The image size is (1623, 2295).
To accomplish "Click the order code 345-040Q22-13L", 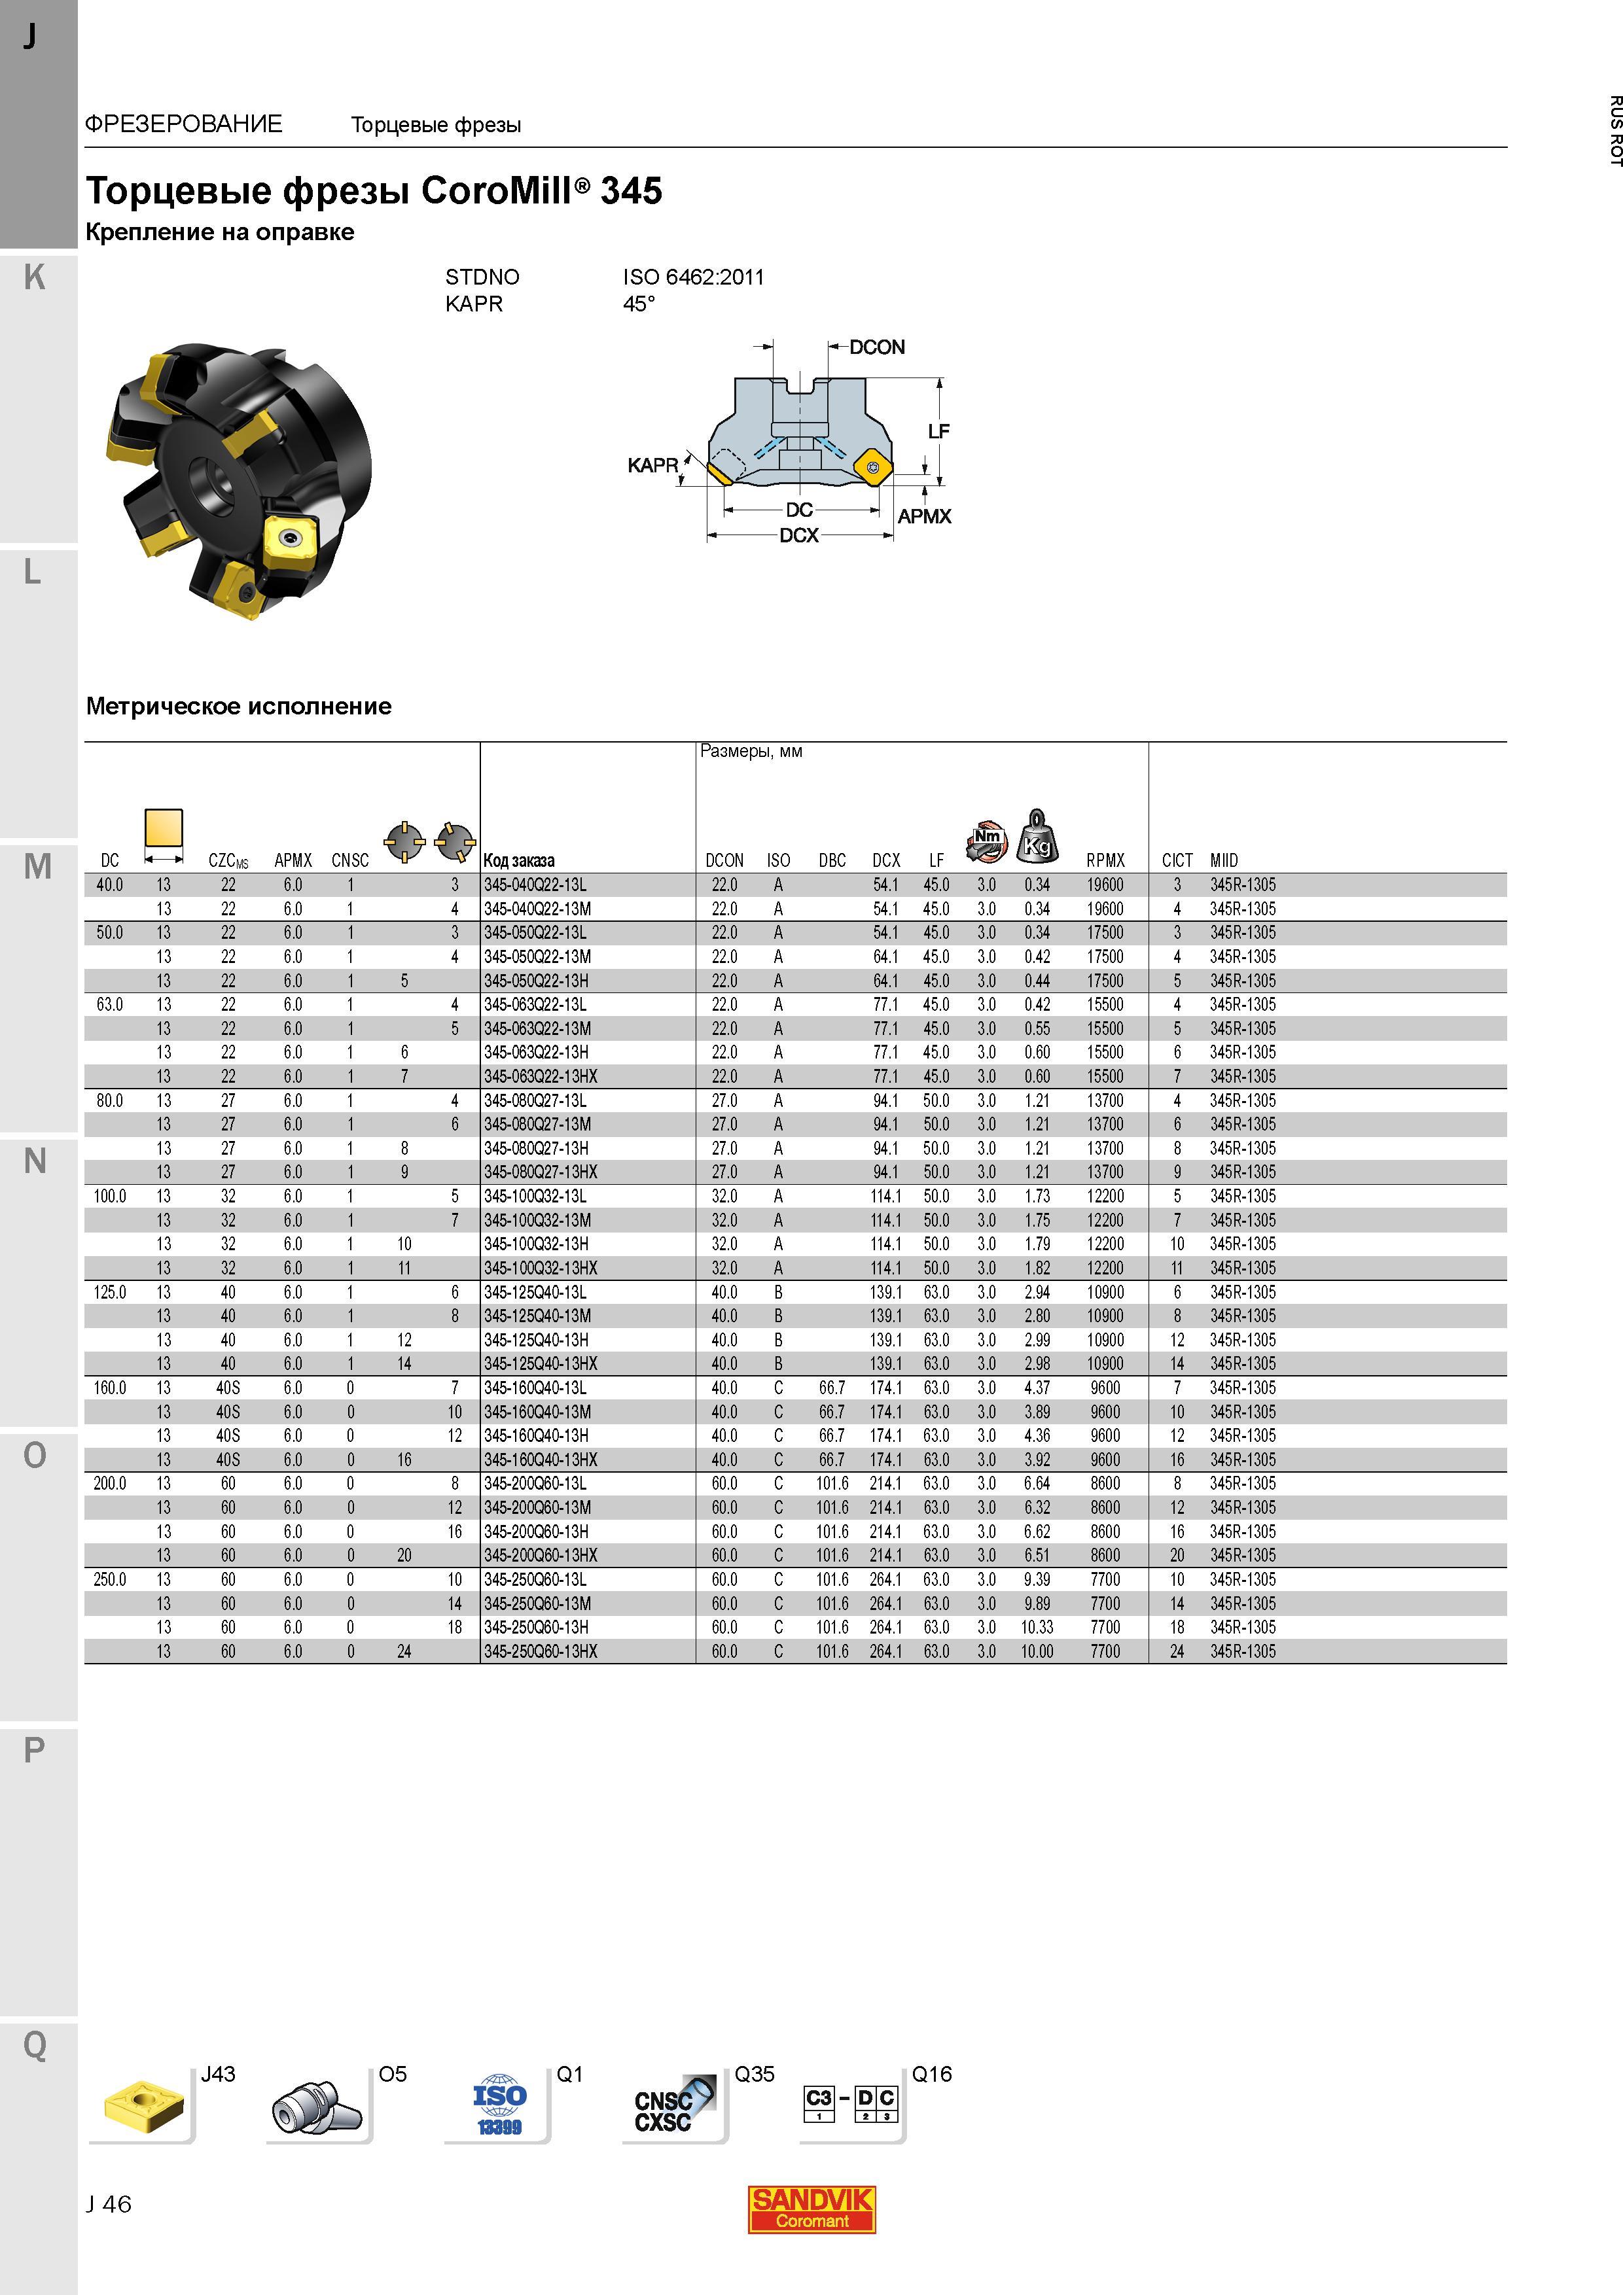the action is coord(535,885).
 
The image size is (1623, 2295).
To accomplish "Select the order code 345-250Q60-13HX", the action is coord(540,1651).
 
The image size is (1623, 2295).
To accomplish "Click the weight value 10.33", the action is coord(1037,1627).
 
